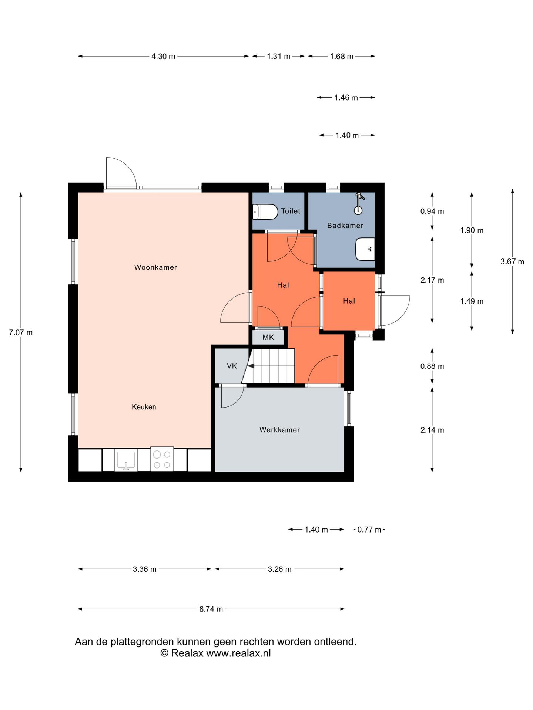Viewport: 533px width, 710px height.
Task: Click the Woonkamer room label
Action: [155, 267]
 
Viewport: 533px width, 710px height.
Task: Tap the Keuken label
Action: [144, 407]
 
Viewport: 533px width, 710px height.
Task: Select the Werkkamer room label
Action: [279, 430]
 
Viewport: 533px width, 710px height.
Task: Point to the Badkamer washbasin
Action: [365, 249]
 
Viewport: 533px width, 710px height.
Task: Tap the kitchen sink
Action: [126, 460]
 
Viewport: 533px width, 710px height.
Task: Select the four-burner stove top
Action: [162, 459]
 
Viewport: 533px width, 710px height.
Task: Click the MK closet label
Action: [268, 337]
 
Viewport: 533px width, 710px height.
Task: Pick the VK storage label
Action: [232, 366]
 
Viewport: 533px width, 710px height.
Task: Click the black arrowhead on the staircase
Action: [251, 366]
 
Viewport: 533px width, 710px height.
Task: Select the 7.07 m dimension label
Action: [21, 332]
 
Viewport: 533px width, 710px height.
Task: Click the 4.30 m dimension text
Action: [163, 56]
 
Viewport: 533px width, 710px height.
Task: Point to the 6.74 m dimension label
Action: [211, 609]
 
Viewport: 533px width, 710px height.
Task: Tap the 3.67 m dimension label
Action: [512, 262]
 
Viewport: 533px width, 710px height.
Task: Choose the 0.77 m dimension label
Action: [369, 530]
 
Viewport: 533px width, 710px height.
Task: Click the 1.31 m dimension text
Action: [278, 56]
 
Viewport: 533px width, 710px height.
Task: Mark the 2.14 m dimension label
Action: [432, 430]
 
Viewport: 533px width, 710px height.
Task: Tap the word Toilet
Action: [291, 211]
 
